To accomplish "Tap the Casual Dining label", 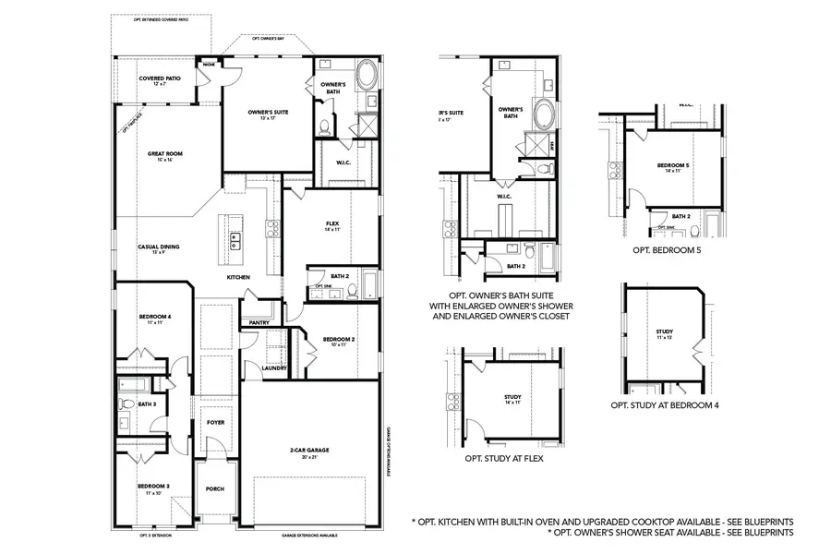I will [158, 247].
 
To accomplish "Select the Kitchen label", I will [239, 277].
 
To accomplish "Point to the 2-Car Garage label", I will [309, 452].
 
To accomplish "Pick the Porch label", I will [215, 488].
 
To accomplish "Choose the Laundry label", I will [274, 368].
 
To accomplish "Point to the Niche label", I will [210, 66].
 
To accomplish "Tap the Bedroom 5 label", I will [673, 167].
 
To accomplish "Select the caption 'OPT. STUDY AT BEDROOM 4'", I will [665, 404].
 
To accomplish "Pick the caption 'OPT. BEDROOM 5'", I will [666, 249].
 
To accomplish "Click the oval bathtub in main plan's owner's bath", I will [367, 73].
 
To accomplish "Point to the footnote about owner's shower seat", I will [669, 533].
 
